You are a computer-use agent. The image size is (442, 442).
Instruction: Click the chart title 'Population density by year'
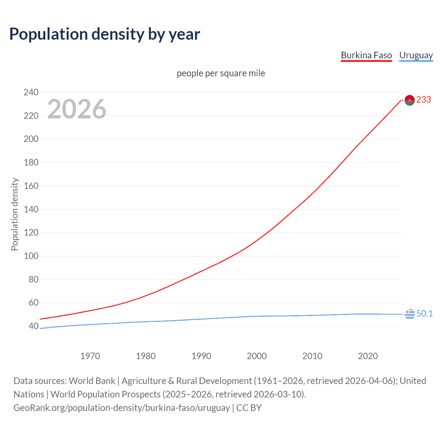pos(105,34)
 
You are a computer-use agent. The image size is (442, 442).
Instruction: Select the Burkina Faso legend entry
pos(366,55)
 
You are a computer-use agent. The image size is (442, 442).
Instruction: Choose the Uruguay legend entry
pos(416,55)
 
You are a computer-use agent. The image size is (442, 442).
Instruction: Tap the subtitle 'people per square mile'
pos(221,73)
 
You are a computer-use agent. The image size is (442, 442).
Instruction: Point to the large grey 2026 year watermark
pos(77,109)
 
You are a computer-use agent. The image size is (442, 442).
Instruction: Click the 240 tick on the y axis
pos(31,92)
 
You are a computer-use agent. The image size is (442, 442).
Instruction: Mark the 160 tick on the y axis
pos(31,186)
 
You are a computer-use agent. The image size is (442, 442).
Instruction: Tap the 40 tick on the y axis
pos(33,326)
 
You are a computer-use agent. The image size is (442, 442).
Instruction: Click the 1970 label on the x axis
pos(90,356)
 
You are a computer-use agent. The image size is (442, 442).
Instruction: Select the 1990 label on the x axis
pos(201,356)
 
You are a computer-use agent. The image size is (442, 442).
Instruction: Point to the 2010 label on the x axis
pos(312,356)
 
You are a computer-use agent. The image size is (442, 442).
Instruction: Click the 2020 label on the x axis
pos(368,356)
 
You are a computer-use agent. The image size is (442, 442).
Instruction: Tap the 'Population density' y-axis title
pos(15,214)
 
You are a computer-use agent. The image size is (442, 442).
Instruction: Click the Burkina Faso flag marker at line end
pos(410,100)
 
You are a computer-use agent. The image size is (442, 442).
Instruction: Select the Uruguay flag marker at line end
pos(410,314)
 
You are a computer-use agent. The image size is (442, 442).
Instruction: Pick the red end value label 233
pos(424,100)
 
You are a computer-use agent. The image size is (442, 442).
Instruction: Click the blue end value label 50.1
pos(424,314)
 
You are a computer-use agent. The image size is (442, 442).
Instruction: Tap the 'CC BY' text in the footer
pos(249,408)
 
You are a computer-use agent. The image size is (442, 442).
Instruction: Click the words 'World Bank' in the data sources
pos(92,381)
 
